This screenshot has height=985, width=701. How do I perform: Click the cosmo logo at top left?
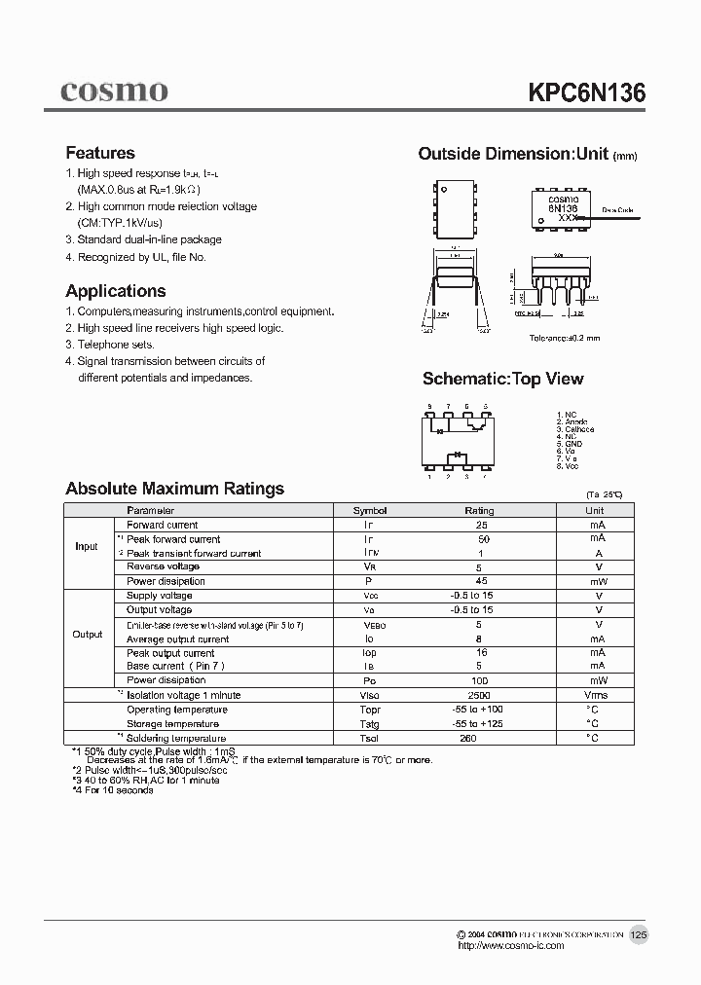114,91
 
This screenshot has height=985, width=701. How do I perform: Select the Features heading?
99,153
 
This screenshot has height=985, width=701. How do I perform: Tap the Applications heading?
115,291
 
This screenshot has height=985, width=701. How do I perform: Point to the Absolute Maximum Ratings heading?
174,489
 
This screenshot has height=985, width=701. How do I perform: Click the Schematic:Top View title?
502,379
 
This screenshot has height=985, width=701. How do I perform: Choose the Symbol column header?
369,510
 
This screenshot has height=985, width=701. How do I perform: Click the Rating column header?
479,510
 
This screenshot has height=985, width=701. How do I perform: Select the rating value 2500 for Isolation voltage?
479,696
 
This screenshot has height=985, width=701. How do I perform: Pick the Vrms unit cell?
594,696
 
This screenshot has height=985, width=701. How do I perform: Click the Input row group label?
87,546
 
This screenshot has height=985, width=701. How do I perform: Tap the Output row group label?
87,634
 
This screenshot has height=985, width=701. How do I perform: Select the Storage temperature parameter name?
172,724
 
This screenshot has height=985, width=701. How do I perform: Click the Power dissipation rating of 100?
479,680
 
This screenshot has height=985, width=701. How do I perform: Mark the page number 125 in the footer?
639,934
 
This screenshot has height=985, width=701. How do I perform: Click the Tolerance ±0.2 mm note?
565,338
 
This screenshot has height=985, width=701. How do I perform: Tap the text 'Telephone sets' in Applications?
115,345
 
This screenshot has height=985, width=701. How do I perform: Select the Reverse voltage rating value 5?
479,566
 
